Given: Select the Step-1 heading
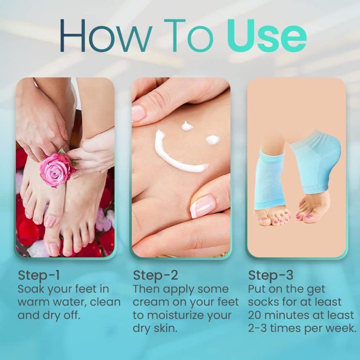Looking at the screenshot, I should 39,275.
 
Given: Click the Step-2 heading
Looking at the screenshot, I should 155,275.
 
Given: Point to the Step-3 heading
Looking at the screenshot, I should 271,275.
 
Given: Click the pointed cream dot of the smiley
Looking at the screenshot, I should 187,126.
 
